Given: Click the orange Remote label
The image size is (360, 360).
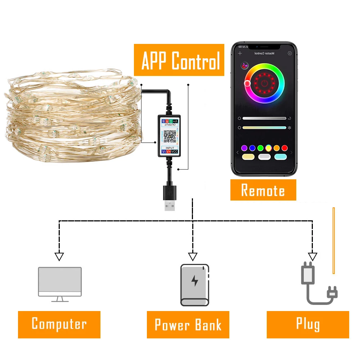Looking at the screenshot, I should pos(263,190).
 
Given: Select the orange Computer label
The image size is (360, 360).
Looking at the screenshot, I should pos(59,324).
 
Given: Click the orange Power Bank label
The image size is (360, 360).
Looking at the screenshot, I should pos(188,324).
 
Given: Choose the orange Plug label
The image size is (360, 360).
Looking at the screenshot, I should pos(308,324).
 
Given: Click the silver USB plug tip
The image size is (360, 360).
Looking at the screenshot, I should pos(169,206).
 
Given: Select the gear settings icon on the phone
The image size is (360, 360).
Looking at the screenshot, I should pos(289,53).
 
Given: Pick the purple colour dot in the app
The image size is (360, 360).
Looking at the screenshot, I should pos(244,148).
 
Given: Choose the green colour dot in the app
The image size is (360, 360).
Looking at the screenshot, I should pos(260,148).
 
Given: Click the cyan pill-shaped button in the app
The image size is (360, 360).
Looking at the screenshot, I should pos(280,157).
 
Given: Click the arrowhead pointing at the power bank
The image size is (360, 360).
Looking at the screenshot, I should pos(193,257).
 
